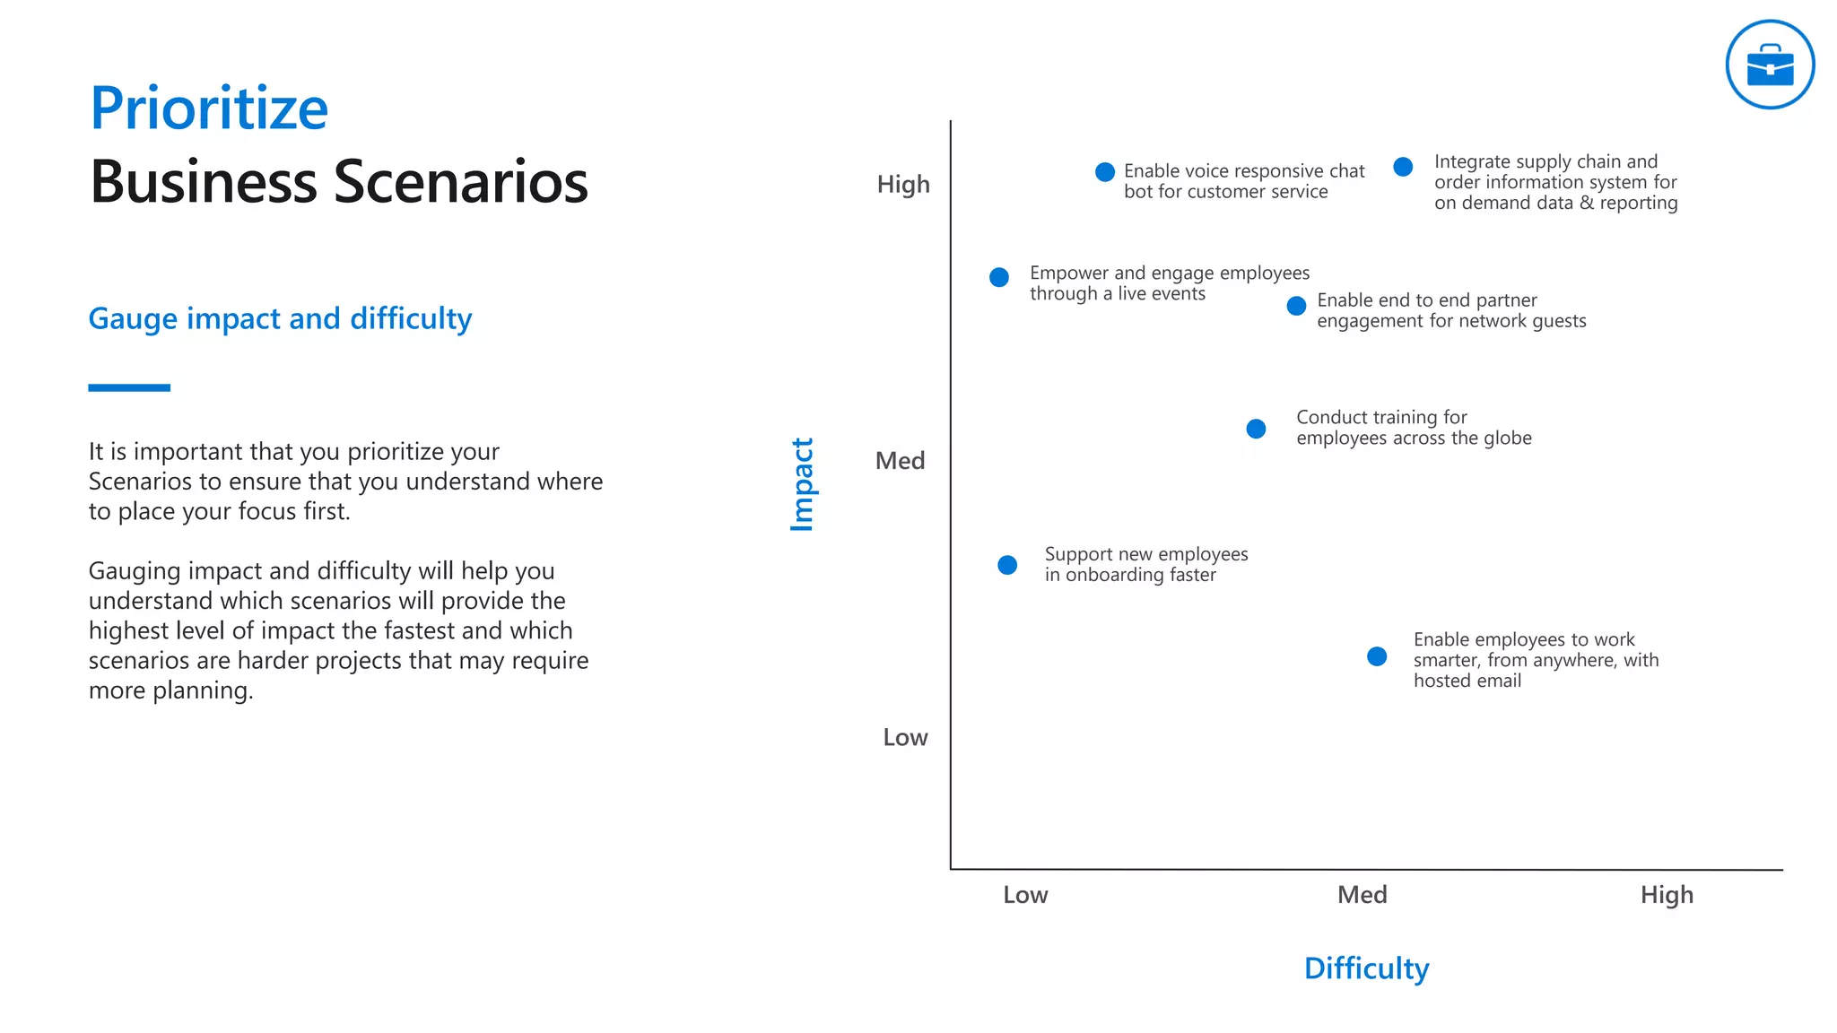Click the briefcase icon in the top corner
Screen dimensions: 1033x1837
point(1770,65)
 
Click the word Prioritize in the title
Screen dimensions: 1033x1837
point(209,109)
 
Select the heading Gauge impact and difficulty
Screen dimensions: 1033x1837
point(280,318)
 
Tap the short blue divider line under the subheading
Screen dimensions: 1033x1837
point(129,387)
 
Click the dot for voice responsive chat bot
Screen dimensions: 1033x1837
point(1105,171)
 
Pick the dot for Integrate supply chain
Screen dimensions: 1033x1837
point(1403,167)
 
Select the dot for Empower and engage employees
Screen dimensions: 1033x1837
point(999,277)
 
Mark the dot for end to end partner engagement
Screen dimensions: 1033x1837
point(1296,306)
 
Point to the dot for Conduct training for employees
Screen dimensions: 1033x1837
point(1256,429)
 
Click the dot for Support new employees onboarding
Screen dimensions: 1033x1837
point(1007,565)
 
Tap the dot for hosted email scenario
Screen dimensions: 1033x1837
point(1377,656)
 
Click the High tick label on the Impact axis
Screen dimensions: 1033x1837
point(903,185)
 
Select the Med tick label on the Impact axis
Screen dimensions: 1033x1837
point(900,461)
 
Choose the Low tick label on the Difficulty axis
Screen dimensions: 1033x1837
point(1025,895)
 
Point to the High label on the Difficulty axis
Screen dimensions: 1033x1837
point(1667,895)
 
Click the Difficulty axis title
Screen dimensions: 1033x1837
point(1366,968)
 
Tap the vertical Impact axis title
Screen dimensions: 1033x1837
point(802,484)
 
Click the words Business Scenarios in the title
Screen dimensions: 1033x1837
point(339,182)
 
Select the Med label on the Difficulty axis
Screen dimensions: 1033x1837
point(1362,895)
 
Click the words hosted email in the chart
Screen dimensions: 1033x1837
point(1467,681)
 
